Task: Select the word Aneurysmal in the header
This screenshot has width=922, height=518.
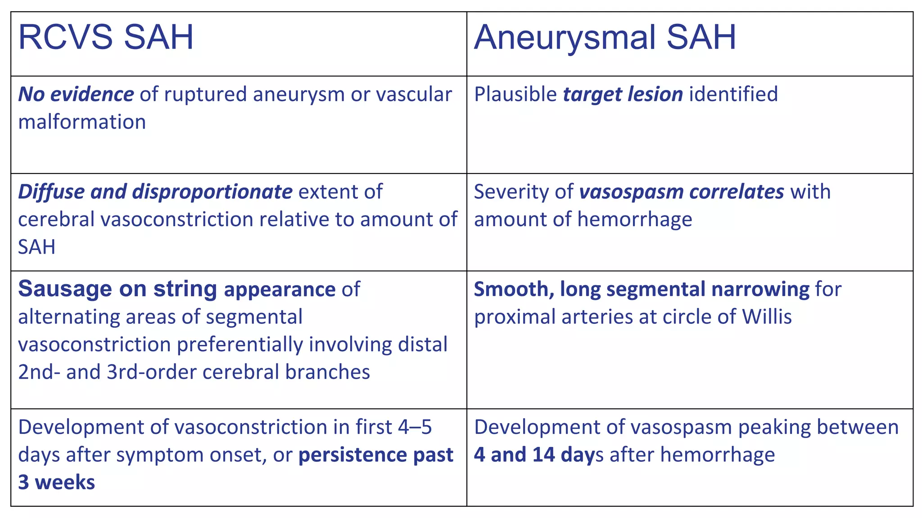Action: coord(565,37)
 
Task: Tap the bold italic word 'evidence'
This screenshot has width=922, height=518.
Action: coord(92,94)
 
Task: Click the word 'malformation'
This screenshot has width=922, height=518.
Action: coord(82,122)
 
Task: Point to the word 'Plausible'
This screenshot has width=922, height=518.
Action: coord(515,94)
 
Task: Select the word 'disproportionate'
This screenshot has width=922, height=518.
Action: coord(212,192)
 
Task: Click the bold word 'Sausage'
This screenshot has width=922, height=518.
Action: coord(65,289)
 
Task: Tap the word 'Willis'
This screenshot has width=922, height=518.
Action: coord(767,317)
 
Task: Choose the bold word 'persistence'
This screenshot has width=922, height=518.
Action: coord(353,455)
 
